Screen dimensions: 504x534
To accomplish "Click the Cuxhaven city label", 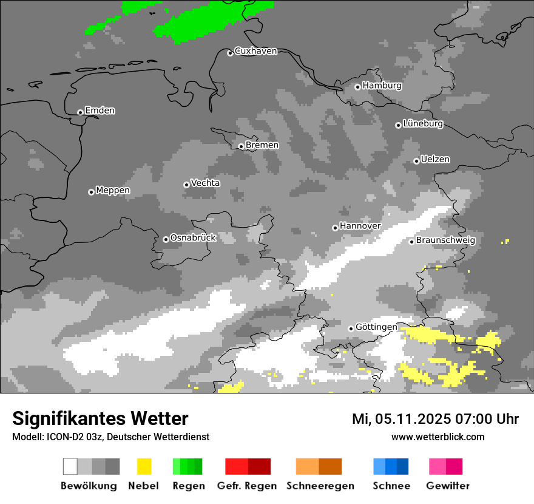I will tap(255, 51).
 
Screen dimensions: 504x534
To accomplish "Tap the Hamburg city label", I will tap(382, 86).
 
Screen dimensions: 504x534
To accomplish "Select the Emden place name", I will tap(100, 111).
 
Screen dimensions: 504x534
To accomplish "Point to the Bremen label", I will tap(262, 145).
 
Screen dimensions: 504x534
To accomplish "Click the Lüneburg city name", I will tap(423, 124).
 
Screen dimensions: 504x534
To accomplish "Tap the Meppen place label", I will tap(113, 191).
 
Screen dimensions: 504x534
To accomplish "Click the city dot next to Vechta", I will tap(186, 185).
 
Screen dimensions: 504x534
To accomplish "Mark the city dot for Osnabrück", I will tap(166, 239).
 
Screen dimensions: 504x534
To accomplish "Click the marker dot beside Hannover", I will tap(335, 228).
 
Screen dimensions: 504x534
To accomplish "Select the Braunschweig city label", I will tap(445, 240).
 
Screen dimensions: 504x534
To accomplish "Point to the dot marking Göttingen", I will tap(351, 329).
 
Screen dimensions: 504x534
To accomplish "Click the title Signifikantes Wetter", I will tap(100, 418).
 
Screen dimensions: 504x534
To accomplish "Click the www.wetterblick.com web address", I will tap(438, 437).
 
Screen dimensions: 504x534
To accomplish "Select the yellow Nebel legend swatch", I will tap(144, 466).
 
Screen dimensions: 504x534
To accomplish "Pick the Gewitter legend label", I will tap(447, 486).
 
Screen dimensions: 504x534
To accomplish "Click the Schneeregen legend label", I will tap(320, 486).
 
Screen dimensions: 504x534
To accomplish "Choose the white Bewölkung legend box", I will tap(70, 466).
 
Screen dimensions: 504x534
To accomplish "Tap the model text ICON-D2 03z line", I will tap(110, 437).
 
